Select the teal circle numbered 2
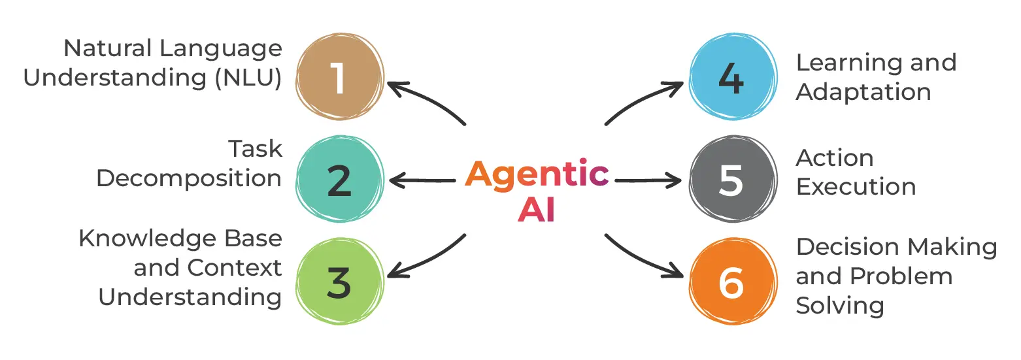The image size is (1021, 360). point(338,181)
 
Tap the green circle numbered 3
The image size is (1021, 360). point(338,283)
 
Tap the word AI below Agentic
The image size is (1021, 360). point(536,210)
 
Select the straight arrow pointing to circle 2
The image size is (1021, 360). point(422,180)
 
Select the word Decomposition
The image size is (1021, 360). point(189,178)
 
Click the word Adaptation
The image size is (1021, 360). point(863,92)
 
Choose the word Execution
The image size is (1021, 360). point(855,188)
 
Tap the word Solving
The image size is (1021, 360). point(839,305)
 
